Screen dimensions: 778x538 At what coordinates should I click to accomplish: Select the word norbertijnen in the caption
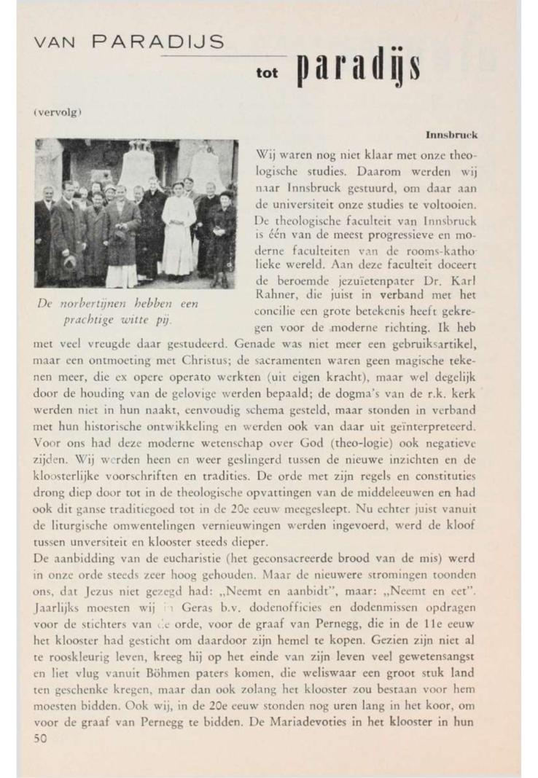tap(90, 304)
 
